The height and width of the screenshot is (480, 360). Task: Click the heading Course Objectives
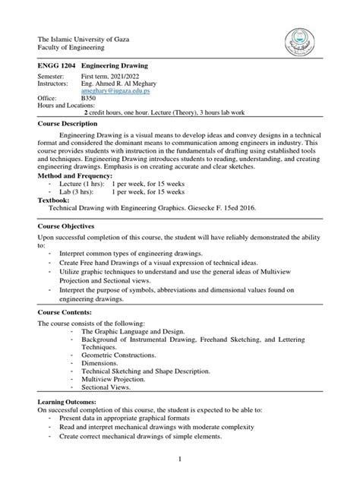click(66, 226)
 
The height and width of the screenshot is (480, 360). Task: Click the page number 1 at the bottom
click(179, 459)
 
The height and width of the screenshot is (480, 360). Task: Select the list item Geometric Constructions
click(119, 355)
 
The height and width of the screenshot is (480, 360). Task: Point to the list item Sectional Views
click(106, 387)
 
